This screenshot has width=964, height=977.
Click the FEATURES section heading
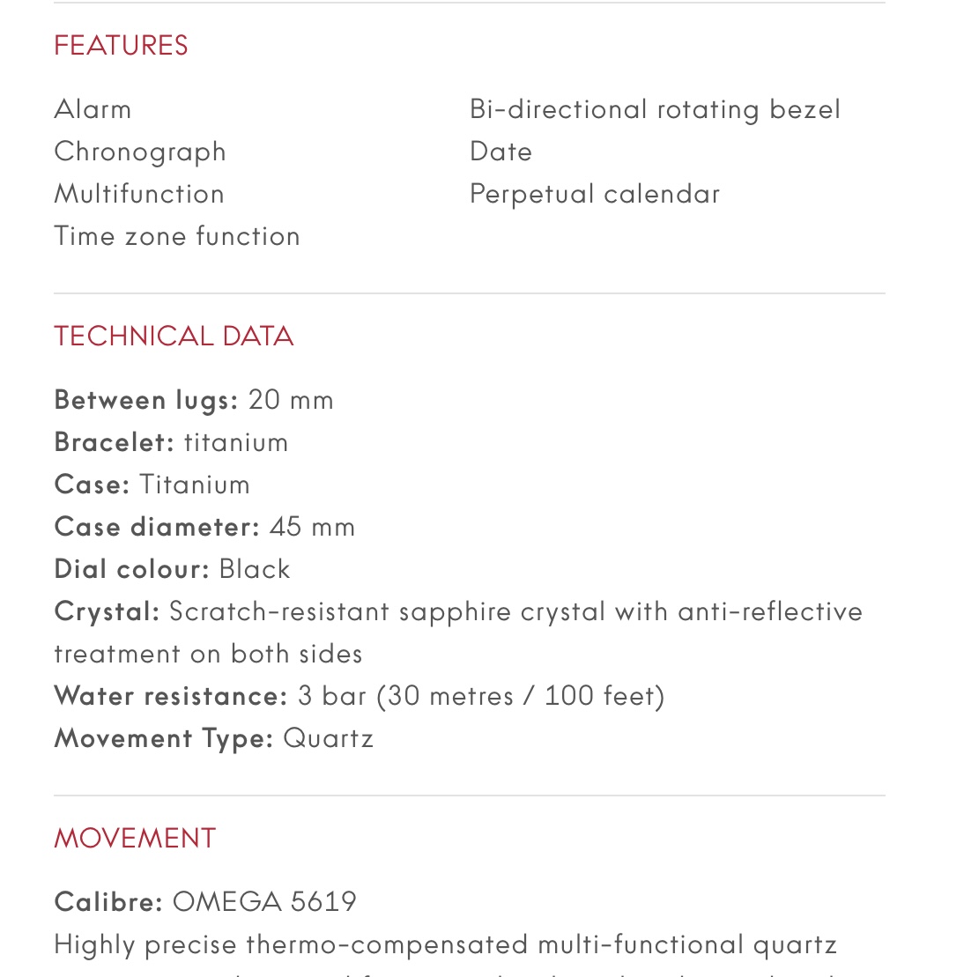(121, 45)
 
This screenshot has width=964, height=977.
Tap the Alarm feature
(93, 109)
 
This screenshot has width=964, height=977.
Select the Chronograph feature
(140, 152)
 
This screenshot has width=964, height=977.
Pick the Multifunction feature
(139, 194)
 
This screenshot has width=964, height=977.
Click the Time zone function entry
(177, 236)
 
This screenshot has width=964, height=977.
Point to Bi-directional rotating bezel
(655, 109)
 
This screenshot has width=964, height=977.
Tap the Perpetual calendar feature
(595, 194)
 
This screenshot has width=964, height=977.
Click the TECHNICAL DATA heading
(174, 336)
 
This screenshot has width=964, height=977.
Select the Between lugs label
(146, 400)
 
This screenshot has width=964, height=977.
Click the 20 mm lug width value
(291, 400)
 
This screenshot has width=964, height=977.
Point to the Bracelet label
(115, 442)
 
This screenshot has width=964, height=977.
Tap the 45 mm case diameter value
(312, 527)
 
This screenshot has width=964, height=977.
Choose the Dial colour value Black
(255, 569)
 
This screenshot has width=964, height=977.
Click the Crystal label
(107, 611)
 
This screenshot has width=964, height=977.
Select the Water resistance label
(171, 696)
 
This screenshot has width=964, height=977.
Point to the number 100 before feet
(570, 696)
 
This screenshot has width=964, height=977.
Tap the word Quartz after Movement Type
(328, 738)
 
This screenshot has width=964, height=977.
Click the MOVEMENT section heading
(135, 838)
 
